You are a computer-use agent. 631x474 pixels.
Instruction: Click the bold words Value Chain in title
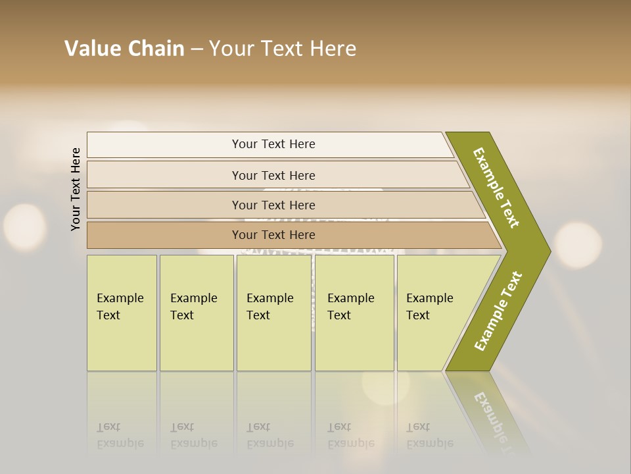[x=124, y=49]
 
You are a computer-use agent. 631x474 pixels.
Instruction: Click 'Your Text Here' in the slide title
[x=283, y=49]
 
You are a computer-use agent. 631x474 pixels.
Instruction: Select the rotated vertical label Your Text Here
[x=76, y=189]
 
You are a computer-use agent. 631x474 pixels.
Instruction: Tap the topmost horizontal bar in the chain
[x=273, y=144]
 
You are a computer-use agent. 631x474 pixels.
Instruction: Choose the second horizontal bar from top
[x=273, y=175]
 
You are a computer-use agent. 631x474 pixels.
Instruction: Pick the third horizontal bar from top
[x=273, y=205]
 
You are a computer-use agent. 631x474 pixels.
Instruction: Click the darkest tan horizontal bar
[x=273, y=235]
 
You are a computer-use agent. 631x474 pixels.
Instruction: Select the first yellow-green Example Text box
[x=122, y=312]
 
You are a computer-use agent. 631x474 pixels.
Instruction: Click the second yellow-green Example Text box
[x=196, y=312]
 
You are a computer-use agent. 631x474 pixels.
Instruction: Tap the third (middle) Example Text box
[x=273, y=312]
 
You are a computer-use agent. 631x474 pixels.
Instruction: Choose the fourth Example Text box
[x=354, y=312]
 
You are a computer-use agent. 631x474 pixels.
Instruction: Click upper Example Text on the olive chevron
[x=496, y=188]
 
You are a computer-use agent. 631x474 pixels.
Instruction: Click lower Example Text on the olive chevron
[x=498, y=311]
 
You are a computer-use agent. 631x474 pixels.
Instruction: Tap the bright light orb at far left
[x=25, y=227]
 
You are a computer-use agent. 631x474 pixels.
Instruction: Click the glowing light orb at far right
[x=578, y=245]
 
